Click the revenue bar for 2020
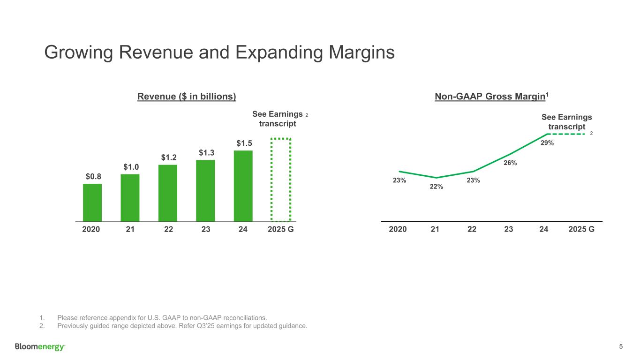(x=92, y=202)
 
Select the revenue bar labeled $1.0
(x=130, y=197)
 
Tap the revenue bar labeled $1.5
(x=243, y=186)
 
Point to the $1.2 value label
(x=168, y=157)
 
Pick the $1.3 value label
(x=205, y=152)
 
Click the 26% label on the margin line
(x=510, y=163)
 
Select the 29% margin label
(x=547, y=143)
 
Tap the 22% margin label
(x=437, y=187)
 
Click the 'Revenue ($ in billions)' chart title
(x=186, y=97)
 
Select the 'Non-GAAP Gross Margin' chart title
(x=491, y=97)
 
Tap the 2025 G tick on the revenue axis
(x=280, y=230)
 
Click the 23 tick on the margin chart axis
(x=509, y=230)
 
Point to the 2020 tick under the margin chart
(x=398, y=230)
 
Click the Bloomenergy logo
(x=40, y=347)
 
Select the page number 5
(x=621, y=347)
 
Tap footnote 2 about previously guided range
(x=182, y=326)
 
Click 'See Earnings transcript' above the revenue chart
(x=278, y=119)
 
